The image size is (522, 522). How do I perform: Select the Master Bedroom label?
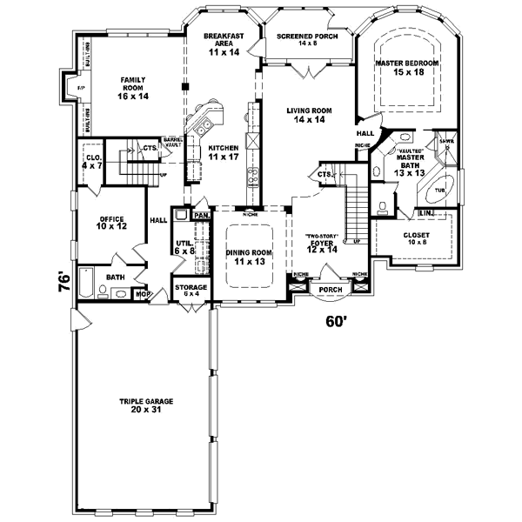point(406,70)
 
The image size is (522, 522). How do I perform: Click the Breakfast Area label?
point(223,43)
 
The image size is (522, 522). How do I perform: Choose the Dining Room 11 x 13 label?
point(250,257)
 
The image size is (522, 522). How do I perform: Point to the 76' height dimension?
point(64,284)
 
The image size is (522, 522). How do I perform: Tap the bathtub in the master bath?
point(439,189)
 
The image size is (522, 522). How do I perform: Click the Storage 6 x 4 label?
point(191,290)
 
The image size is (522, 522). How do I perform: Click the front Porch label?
point(331,290)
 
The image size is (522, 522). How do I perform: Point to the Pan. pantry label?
point(200,215)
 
